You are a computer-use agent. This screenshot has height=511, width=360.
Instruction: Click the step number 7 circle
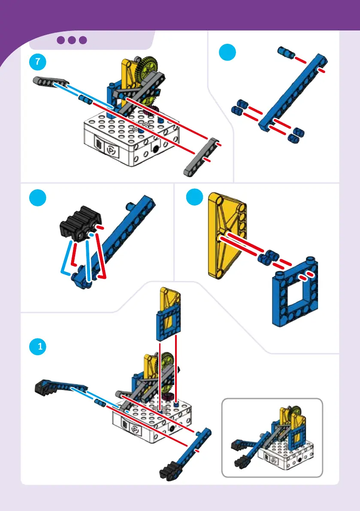tap(37, 62)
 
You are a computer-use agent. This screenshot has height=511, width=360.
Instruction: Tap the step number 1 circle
tap(37, 346)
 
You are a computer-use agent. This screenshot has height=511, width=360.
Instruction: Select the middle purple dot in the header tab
tap(72, 40)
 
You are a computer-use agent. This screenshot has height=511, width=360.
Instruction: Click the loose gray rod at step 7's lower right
tap(201, 157)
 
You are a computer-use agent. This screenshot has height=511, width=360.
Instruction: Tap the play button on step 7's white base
tap(111, 150)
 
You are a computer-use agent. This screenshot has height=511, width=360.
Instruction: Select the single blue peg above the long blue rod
tap(286, 52)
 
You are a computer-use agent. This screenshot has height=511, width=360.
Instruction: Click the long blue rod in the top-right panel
tap(293, 93)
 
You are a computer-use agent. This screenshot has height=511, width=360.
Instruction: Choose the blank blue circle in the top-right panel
tap(227, 52)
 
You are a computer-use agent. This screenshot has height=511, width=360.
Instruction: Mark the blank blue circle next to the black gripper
tap(37, 198)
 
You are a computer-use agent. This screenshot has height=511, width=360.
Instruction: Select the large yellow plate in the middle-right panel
tap(227, 235)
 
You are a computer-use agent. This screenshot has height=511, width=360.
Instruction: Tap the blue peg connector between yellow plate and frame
tap(268, 257)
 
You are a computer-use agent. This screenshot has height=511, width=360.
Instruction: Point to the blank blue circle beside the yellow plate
tap(194, 197)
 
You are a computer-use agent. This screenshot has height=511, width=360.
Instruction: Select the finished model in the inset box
tap(272, 437)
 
